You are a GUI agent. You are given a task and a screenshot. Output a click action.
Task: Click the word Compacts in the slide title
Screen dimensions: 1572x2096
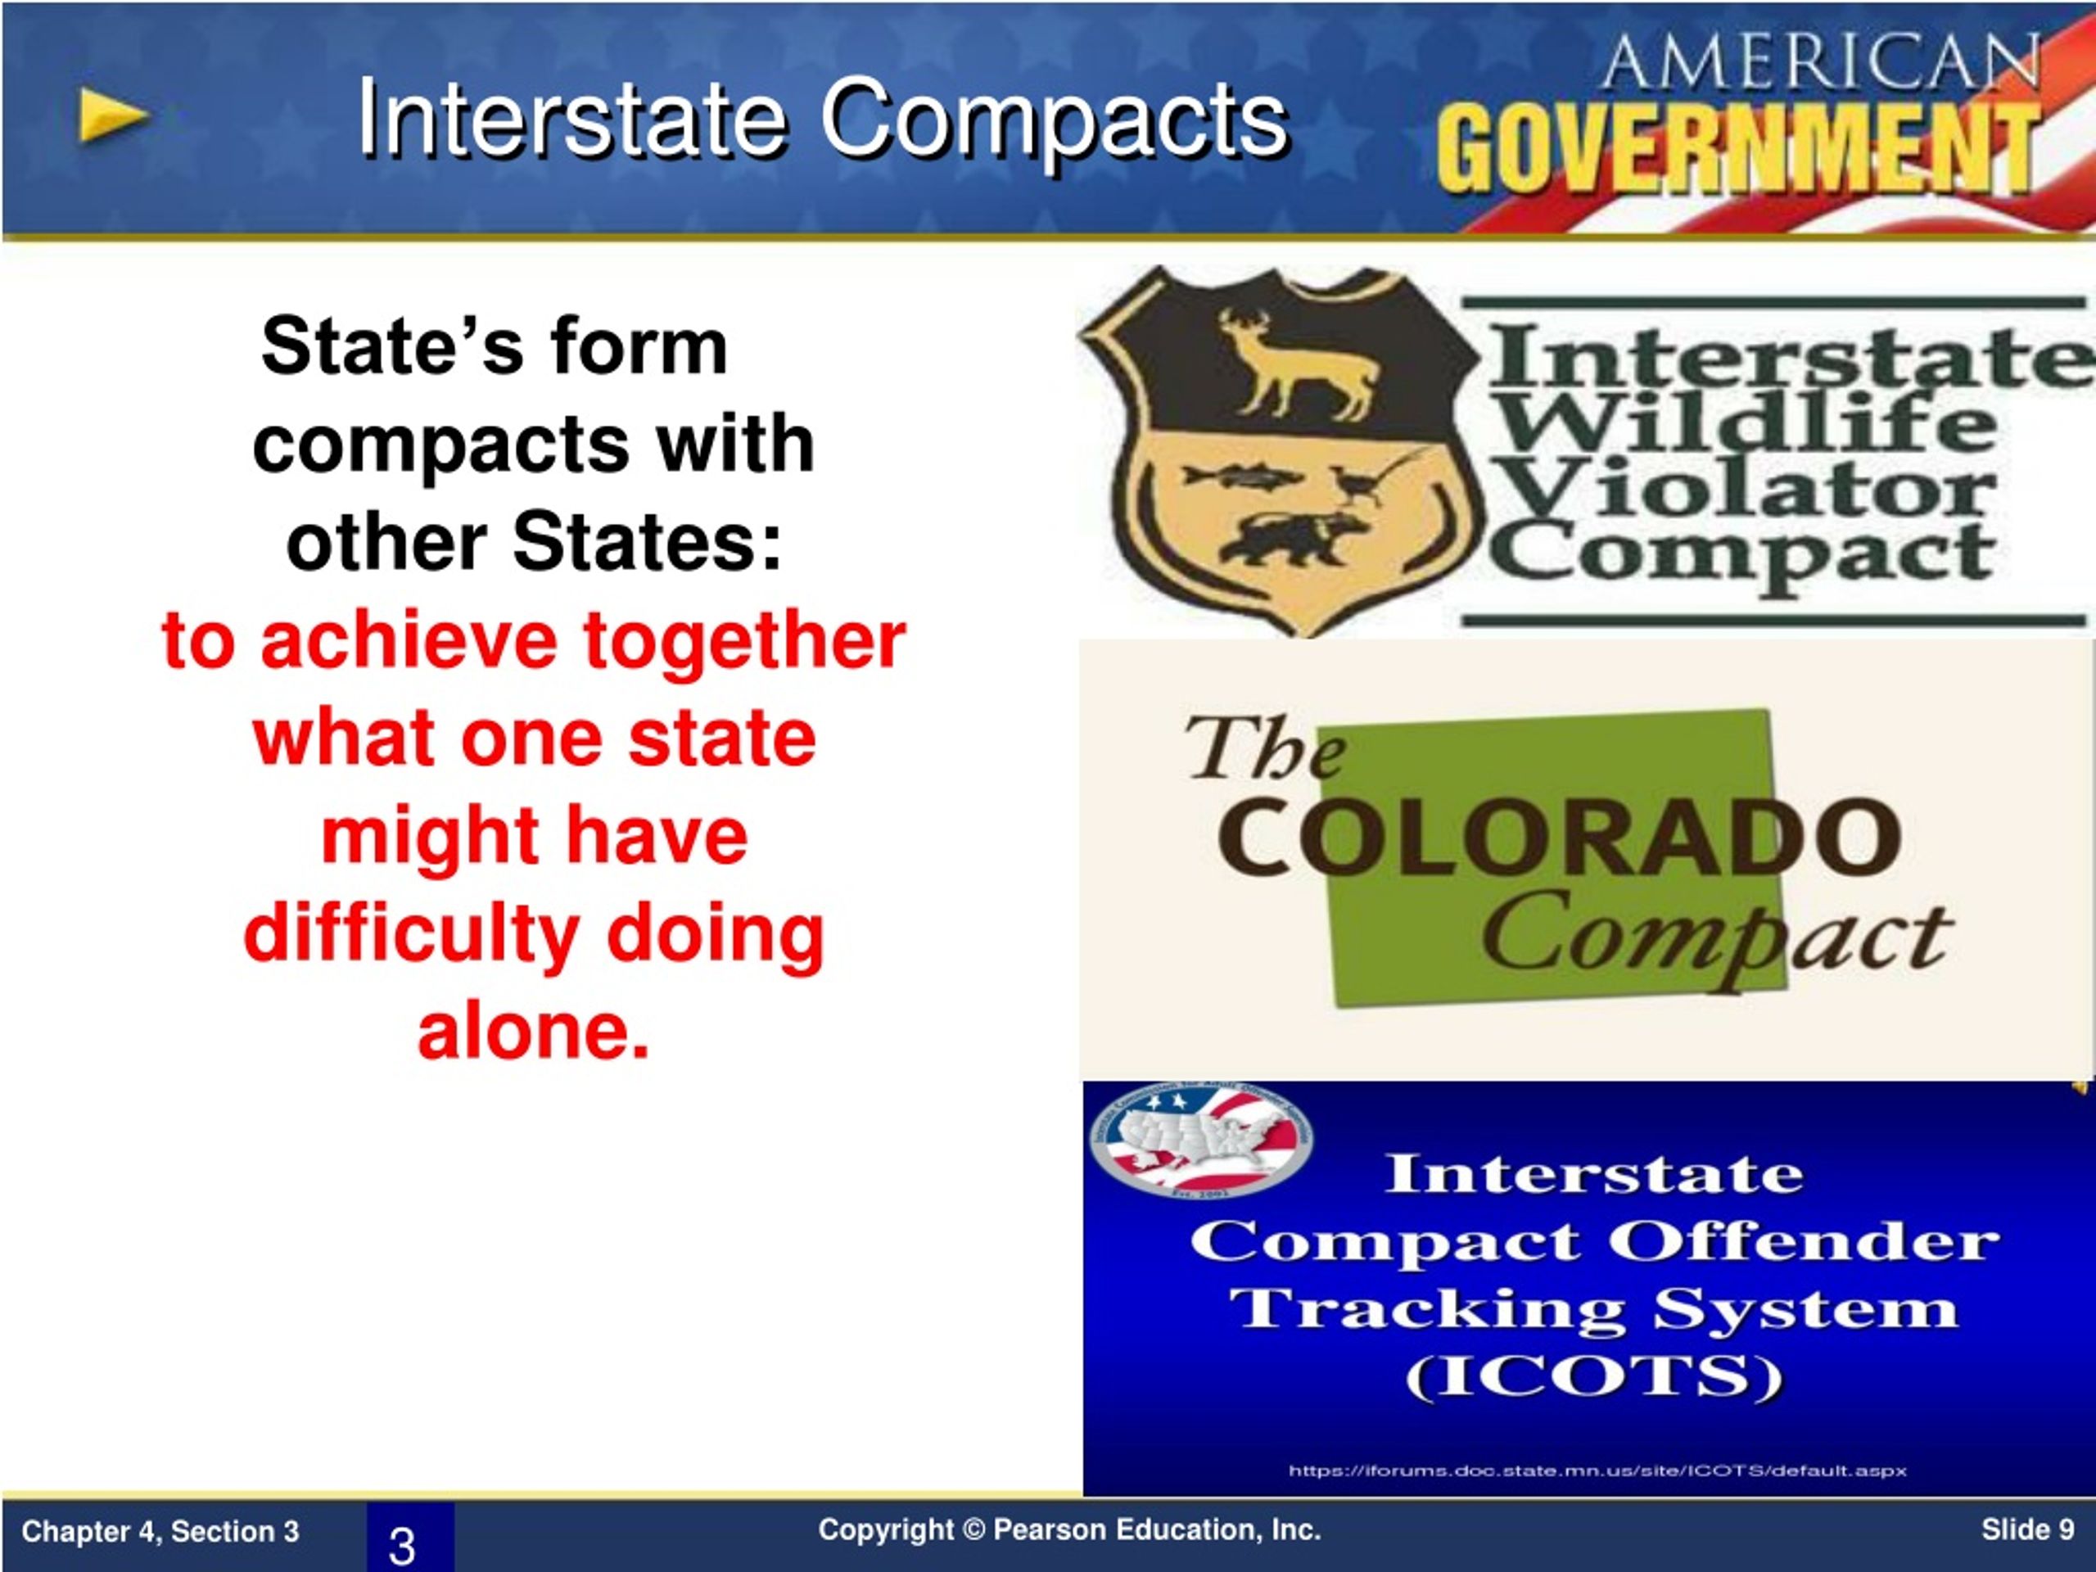click(x=1054, y=120)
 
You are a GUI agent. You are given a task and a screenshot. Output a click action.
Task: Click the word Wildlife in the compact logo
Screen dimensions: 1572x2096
click(x=1743, y=424)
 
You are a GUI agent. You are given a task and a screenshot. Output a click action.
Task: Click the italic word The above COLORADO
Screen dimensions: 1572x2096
click(x=1263, y=748)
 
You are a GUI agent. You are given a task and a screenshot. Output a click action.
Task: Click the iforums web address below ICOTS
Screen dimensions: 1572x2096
click(x=1597, y=1470)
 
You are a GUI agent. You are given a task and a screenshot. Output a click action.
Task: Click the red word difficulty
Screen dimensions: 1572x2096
click(x=411, y=934)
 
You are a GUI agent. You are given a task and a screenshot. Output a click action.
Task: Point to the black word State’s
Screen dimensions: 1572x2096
click(x=391, y=347)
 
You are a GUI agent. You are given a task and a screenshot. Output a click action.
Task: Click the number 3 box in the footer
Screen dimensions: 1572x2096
click(x=403, y=1544)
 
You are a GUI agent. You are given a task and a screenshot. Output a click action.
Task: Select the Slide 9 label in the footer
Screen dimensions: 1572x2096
click(x=2027, y=1529)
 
